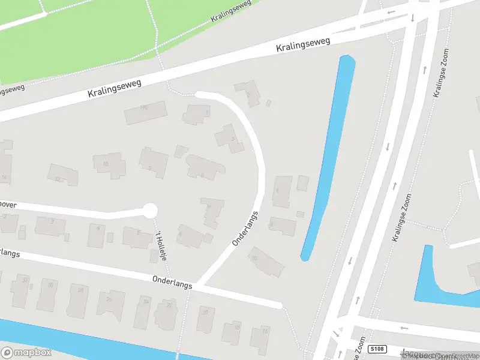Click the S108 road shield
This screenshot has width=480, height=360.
[376, 349]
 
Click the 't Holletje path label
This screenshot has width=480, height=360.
[160, 246]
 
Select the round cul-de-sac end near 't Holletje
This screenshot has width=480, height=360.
[149, 211]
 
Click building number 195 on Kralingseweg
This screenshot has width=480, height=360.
[145, 112]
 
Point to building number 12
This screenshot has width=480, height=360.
[62, 174]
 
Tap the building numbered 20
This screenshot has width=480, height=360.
[205, 318]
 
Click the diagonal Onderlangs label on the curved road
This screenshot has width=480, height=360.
[245, 227]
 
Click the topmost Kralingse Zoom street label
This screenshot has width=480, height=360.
[442, 74]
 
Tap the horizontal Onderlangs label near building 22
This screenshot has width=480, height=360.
[172, 282]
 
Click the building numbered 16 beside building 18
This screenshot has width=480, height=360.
[260, 338]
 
